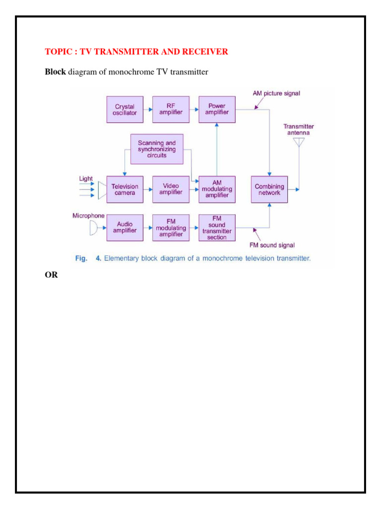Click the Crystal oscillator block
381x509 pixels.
coord(125,109)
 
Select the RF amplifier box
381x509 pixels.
coord(171,109)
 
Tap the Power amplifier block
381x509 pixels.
coord(217,109)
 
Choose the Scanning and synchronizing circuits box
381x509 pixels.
coord(157,149)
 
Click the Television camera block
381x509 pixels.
coord(125,189)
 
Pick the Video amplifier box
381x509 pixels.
coord(171,189)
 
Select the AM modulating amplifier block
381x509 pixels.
coord(217,189)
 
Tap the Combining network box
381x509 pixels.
coord(269,189)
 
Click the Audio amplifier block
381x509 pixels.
coord(125,228)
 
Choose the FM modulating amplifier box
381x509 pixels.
coord(171,228)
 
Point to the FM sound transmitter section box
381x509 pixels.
coord(217,228)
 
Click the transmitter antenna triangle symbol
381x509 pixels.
coord(299,143)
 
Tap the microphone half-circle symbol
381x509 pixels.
coord(93,228)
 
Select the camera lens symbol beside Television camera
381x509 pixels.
coord(102,189)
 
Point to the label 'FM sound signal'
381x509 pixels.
coord(272,245)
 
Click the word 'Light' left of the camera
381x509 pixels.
coord(86,178)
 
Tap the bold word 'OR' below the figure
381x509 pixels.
coord(51,274)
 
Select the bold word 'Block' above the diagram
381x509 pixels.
coord(55,73)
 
